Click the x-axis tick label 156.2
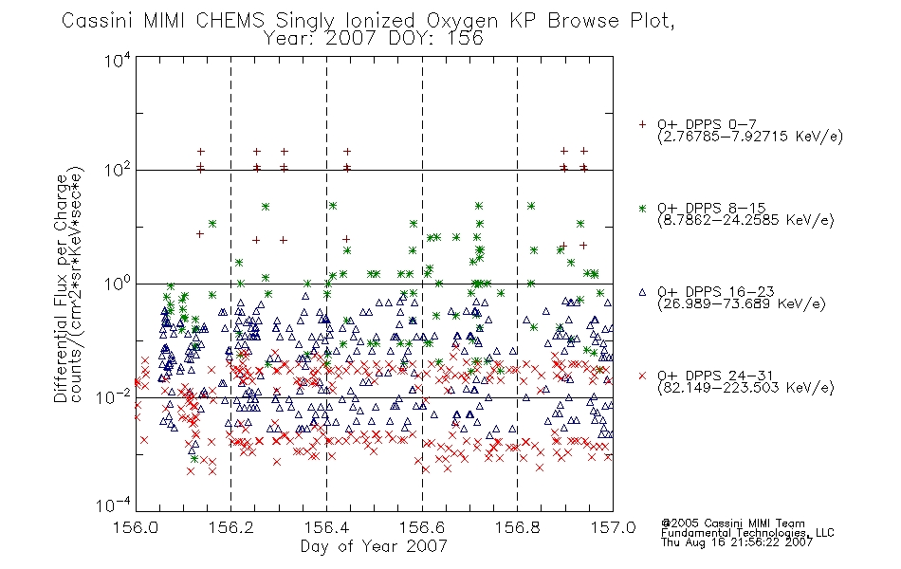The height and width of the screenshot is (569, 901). click(231, 527)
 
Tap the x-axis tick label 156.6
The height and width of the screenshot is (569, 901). click(422, 527)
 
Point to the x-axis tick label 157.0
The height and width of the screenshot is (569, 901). click(613, 527)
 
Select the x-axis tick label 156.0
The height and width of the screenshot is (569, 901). click(136, 527)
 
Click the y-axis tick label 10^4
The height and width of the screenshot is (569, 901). click(118, 60)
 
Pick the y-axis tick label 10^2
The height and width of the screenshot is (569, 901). click(118, 171)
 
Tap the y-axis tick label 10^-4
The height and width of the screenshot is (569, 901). click(113, 505)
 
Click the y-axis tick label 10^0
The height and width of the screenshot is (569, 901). click(118, 284)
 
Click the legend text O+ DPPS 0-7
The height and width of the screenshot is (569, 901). click(707, 125)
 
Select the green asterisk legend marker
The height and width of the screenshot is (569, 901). click(642, 209)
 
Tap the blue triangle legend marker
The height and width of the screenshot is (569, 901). click(642, 292)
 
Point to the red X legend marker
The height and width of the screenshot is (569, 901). click(642, 376)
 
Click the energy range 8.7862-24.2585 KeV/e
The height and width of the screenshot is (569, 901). click(745, 220)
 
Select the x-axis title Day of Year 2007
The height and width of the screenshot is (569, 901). click(374, 546)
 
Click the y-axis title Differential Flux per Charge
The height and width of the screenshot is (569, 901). click(61, 288)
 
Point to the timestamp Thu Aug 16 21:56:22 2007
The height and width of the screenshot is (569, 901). click(737, 542)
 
